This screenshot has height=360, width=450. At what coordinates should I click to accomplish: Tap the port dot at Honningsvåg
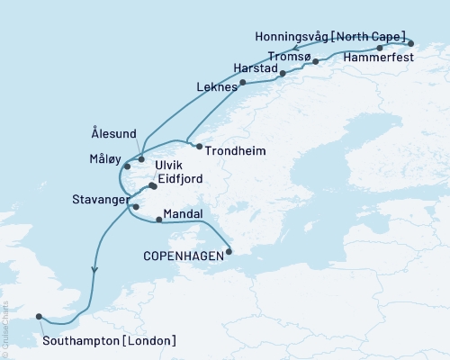point(410,43)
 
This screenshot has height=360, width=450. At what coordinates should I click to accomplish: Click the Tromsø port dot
point(315,61)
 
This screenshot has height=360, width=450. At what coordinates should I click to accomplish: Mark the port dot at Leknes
point(242,83)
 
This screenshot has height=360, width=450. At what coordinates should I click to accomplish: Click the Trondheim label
point(236,151)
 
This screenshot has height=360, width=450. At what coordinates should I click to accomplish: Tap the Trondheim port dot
point(200,146)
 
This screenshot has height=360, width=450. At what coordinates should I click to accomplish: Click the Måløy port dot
point(128,166)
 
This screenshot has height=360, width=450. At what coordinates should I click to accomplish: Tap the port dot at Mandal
point(159,219)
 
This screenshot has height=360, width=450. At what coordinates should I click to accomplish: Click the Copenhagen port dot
point(229,252)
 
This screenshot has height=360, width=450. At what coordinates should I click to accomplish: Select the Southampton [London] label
point(109,340)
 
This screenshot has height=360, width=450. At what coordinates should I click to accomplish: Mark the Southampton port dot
point(39,316)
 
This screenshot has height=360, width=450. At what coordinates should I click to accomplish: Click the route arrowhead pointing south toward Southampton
point(94,268)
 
